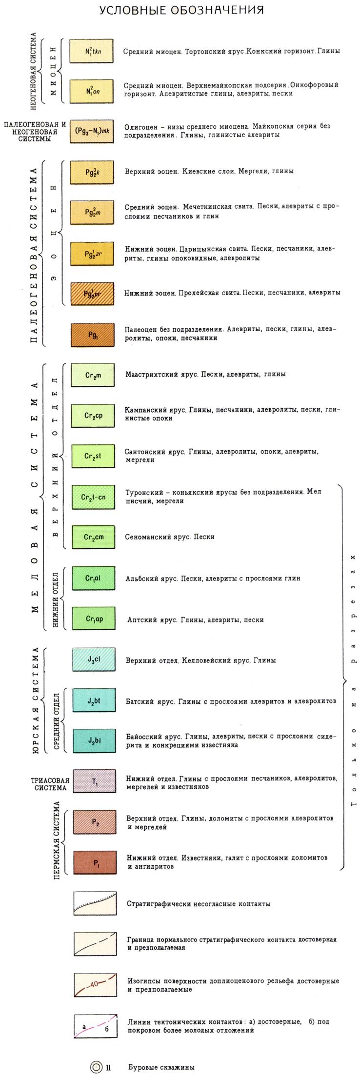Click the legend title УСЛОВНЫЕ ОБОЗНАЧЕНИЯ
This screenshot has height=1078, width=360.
(181, 10)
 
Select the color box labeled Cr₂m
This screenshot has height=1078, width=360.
(93, 375)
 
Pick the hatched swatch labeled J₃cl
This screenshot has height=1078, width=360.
(94, 660)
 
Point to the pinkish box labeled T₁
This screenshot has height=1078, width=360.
(94, 782)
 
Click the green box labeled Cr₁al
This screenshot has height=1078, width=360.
(93, 578)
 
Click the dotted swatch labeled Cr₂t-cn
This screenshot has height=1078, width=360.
(93, 497)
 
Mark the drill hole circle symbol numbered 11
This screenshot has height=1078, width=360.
(97, 1067)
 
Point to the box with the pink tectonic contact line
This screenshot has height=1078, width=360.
(95, 1026)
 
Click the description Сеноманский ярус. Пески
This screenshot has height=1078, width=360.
(170, 537)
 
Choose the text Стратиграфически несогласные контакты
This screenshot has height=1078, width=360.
(198, 903)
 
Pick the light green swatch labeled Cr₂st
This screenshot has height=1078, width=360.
(93, 456)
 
